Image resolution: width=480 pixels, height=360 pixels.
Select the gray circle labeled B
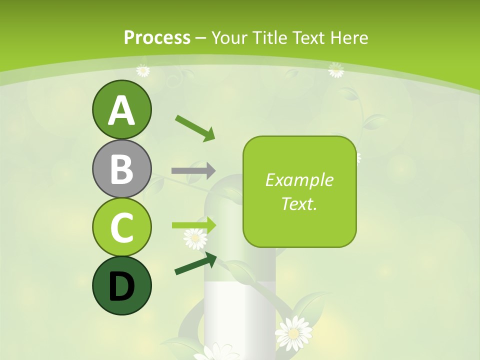[x=121, y=168]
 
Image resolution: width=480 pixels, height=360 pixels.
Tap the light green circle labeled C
[x=121, y=227]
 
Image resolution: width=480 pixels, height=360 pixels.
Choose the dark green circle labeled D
[x=121, y=285]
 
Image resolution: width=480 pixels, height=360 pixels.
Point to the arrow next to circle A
[x=195, y=128]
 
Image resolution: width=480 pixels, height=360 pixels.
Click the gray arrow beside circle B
[x=193, y=170]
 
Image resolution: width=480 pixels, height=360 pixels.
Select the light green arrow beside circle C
[x=194, y=225]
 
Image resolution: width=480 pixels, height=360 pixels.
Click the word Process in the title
[x=157, y=37]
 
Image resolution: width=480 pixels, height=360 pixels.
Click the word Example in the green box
[x=299, y=180]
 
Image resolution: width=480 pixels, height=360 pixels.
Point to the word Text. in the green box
[x=299, y=203]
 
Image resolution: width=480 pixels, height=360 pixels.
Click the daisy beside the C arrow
[x=195, y=238]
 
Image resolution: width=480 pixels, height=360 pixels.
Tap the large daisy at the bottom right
[x=293, y=332]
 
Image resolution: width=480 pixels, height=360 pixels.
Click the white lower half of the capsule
[x=240, y=315]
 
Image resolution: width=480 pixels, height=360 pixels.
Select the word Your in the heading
[x=229, y=37]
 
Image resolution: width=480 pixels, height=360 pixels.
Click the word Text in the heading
[x=306, y=37]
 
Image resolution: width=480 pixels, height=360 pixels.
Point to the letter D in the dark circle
[x=121, y=286]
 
